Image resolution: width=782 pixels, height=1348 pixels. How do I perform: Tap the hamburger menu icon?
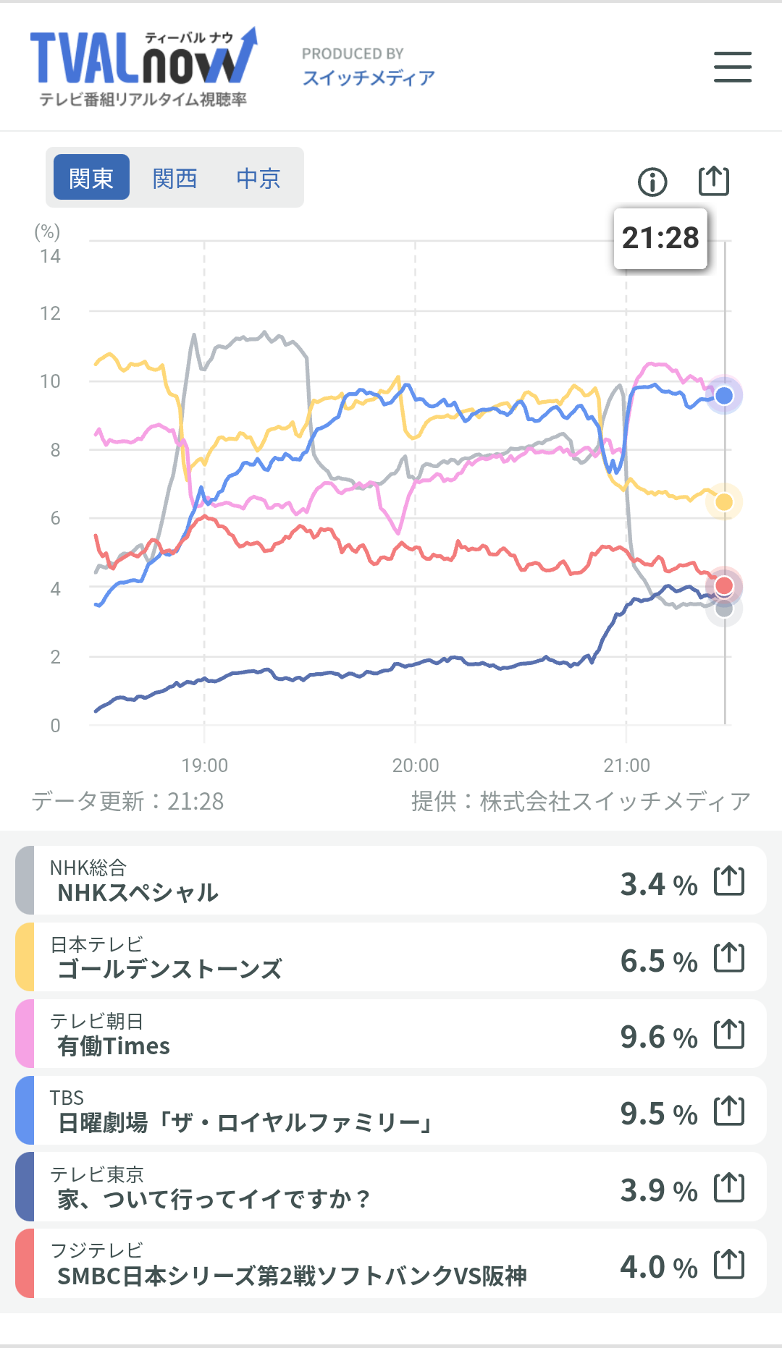(x=732, y=67)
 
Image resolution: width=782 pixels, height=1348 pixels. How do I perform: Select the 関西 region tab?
(x=175, y=178)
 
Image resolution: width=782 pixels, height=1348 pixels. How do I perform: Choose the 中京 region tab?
(x=258, y=178)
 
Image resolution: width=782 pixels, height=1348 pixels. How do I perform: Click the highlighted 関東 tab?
(x=91, y=178)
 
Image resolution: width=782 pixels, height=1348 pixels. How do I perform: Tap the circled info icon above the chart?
(x=652, y=182)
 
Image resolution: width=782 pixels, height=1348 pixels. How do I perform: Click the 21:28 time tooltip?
(x=660, y=238)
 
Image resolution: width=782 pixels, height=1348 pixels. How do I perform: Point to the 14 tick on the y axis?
(x=50, y=256)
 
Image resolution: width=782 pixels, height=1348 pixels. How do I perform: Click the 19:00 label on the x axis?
(x=204, y=765)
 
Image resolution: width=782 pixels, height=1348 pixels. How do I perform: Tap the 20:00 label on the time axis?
(x=416, y=765)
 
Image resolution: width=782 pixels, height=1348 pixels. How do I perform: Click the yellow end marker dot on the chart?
(x=724, y=502)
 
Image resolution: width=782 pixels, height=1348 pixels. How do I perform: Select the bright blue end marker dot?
(x=724, y=395)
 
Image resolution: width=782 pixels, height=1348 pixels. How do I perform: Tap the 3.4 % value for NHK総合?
(x=658, y=884)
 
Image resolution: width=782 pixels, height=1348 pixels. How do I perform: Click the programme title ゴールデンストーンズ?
(x=169, y=969)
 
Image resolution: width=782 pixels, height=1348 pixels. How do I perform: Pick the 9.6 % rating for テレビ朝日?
(x=658, y=1037)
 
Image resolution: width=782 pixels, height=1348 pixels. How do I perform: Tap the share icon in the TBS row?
(x=729, y=1111)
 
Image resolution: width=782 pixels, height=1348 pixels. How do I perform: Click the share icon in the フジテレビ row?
(x=729, y=1264)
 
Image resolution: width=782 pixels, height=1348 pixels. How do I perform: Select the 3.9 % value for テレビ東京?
(x=658, y=1190)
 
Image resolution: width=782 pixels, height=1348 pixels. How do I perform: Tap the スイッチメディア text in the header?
(x=369, y=77)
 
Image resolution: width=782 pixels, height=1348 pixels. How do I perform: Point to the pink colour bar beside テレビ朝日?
(x=25, y=1033)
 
